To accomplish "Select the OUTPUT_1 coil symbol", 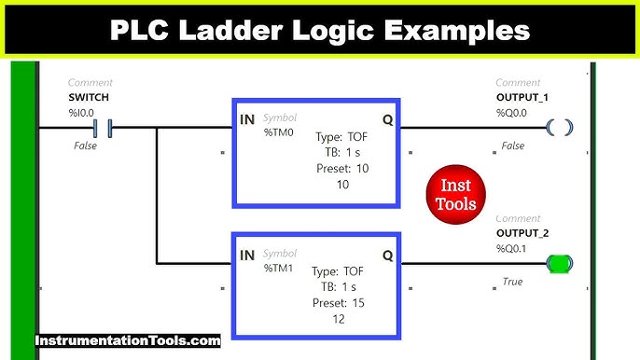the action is tap(559, 127).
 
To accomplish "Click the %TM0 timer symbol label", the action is tap(279, 132).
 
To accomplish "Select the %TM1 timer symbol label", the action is tap(279, 268).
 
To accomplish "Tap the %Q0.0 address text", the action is tap(512, 112).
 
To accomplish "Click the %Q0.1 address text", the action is tap(512, 249).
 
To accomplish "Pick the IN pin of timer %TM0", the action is tap(247, 118).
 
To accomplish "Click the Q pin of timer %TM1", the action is tap(387, 254).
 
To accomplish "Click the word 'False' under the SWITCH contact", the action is tap(86, 146).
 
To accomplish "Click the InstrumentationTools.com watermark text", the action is tap(128, 340).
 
